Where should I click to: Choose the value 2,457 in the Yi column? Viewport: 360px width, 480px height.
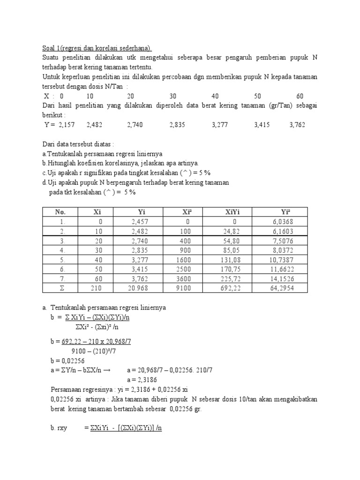pyautogui.click(x=140, y=221)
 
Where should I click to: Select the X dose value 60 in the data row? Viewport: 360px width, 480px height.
pyautogui.click(x=300, y=96)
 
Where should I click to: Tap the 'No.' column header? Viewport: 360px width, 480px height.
pyautogui.click(x=61, y=212)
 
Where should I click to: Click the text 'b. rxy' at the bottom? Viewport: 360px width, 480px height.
pyautogui.click(x=60, y=428)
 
